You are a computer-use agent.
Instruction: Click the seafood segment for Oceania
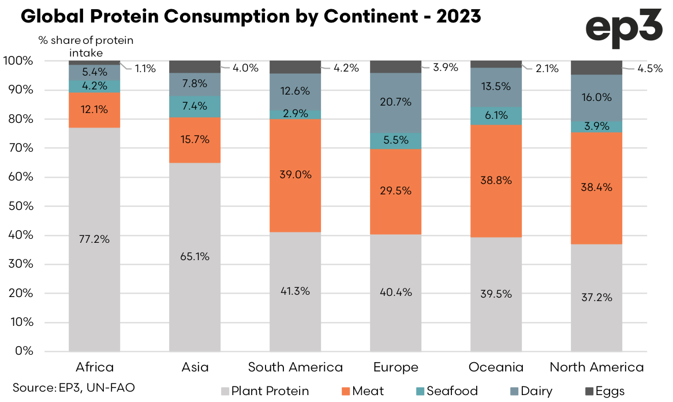tap(496, 115)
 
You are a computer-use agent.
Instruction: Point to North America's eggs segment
tap(596, 67)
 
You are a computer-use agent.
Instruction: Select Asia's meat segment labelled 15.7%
tap(195, 140)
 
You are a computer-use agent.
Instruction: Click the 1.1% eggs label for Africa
tap(145, 68)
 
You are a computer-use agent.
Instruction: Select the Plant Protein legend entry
tap(264, 391)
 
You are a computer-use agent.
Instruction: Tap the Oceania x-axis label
tap(496, 367)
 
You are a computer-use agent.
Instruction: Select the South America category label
tap(295, 367)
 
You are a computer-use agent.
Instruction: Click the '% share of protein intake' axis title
tap(86, 47)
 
